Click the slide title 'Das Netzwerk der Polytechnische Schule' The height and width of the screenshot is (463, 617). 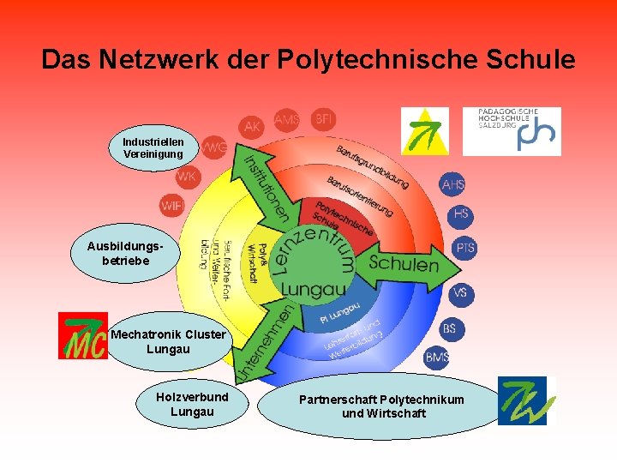[x=308, y=59]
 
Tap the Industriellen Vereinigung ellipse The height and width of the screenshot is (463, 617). [x=153, y=147]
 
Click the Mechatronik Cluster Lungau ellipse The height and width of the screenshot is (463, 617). [x=168, y=341]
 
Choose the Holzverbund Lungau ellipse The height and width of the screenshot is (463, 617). [x=192, y=405]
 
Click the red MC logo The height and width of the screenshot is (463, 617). [x=81, y=335]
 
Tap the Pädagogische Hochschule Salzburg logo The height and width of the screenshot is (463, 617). [x=512, y=130]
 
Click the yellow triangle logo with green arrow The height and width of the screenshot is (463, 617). [x=424, y=131]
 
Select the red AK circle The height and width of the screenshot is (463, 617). [x=252, y=127]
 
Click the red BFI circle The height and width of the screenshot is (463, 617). [x=323, y=117]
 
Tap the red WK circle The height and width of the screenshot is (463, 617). [x=187, y=177]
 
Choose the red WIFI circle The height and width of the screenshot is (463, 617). [x=171, y=206]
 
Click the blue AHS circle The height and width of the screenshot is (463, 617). [x=452, y=185]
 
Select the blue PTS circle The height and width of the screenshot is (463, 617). [x=464, y=249]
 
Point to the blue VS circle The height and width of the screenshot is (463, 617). [x=460, y=293]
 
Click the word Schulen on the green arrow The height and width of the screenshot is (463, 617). [x=403, y=263]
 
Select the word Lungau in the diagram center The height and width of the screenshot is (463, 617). [x=313, y=289]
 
